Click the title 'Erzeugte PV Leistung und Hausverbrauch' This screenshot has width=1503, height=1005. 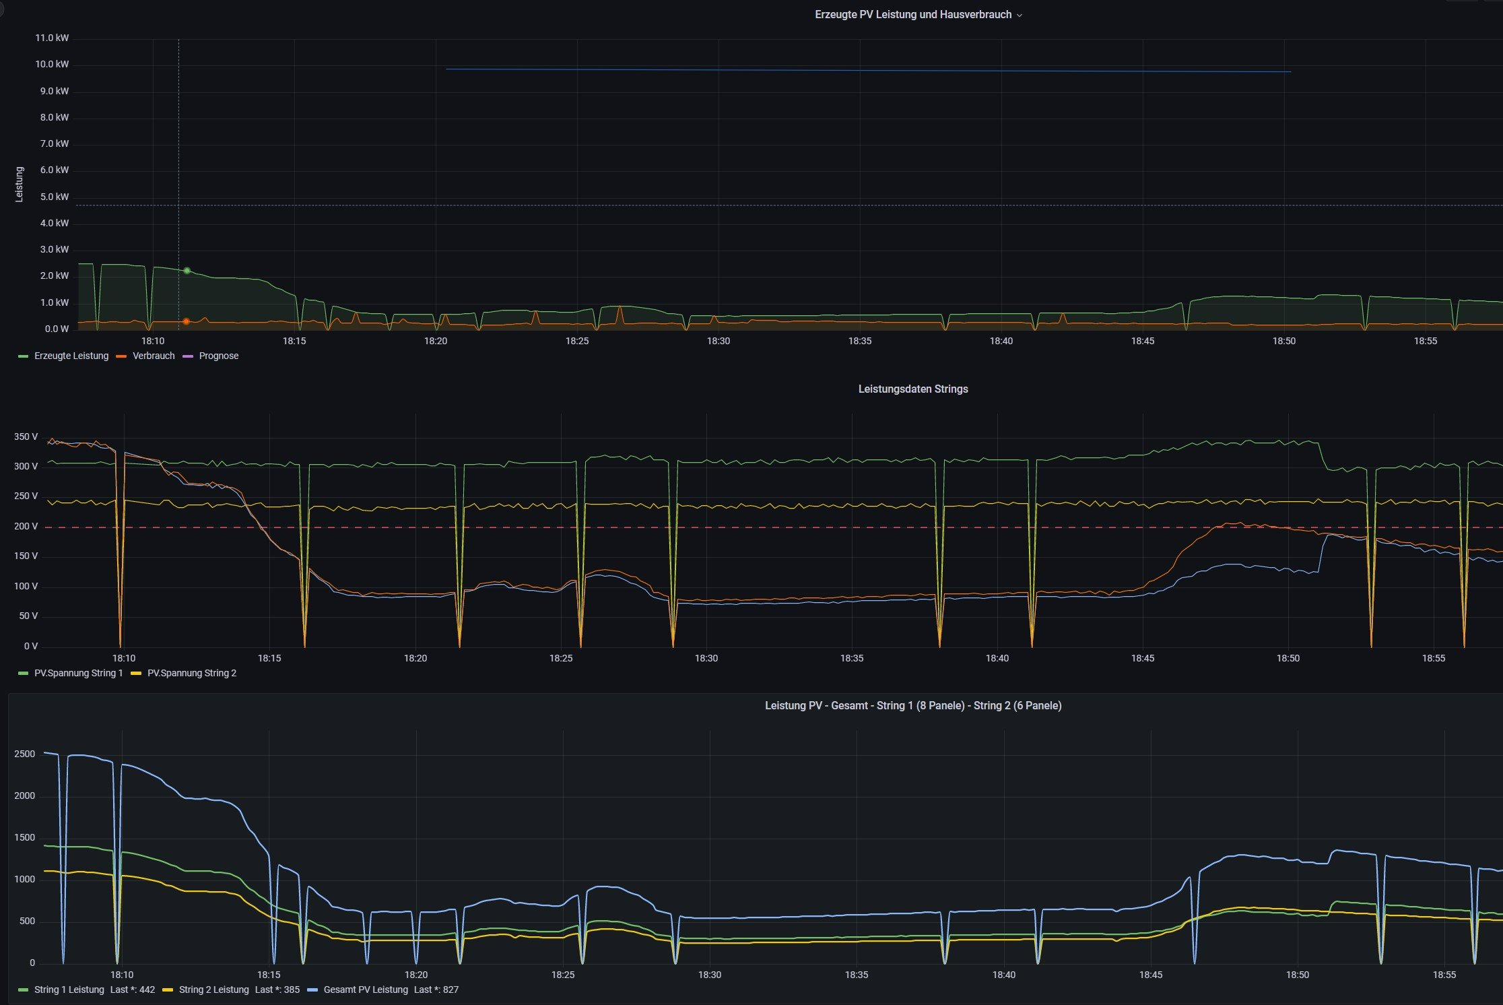pos(912,15)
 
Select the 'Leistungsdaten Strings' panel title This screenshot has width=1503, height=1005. pos(912,389)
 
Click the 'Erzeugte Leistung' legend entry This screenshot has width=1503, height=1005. pos(71,356)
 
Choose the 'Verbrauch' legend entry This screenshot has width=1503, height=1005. pos(153,356)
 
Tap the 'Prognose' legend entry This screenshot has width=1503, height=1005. pos(218,356)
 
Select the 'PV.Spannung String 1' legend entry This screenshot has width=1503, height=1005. pos(78,674)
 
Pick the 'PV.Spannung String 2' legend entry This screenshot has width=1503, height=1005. pos(191,674)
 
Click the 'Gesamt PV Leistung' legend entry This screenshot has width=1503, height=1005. pos(365,990)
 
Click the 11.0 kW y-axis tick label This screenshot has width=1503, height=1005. pos(52,38)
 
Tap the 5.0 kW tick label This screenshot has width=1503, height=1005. pos(54,197)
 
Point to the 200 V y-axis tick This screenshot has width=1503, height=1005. pos(26,527)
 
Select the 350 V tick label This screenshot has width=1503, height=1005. pos(26,437)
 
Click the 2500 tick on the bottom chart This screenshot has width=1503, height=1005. pos(24,754)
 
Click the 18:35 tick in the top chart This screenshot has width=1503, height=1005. pos(859,342)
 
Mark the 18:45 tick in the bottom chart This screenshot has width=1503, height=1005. pos(1150,975)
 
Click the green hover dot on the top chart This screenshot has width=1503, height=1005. pos(187,271)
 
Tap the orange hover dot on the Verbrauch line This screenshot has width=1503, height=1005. pos(187,322)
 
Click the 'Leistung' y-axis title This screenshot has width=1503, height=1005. pos(20,184)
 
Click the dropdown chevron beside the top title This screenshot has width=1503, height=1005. pos(1020,15)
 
